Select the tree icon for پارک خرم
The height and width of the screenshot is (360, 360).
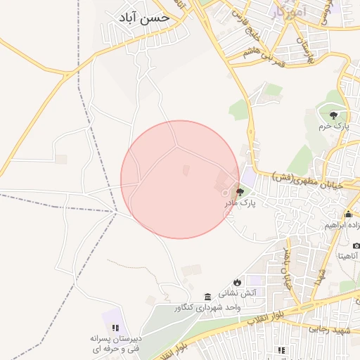[x=333, y=115]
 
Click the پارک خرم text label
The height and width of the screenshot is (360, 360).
[x=333, y=127]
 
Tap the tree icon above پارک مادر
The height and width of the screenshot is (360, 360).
[x=240, y=191]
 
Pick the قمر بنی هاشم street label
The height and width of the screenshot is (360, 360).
[x=247, y=44]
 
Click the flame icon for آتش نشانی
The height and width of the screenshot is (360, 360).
[x=238, y=281]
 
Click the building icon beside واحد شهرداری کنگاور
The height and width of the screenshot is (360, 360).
[x=207, y=297]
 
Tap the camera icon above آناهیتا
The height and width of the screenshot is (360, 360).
[x=356, y=245]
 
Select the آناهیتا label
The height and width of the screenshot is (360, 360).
[x=349, y=257]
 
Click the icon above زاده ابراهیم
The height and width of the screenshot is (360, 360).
[x=348, y=214]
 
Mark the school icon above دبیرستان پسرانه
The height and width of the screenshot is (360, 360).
[x=116, y=328]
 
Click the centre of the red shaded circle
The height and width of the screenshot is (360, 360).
[x=180, y=179]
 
